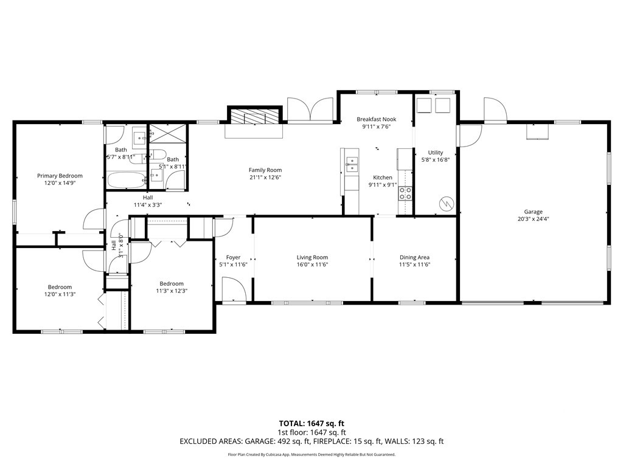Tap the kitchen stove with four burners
(x=405, y=193)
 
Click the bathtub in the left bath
(x=126, y=180)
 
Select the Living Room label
(x=312, y=257)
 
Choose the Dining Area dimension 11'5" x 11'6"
(x=414, y=265)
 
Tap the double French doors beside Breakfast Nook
(x=310, y=109)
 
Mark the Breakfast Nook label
(x=376, y=119)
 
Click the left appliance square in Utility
(x=423, y=106)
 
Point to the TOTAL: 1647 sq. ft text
(x=311, y=423)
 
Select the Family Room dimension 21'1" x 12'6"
(x=265, y=178)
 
